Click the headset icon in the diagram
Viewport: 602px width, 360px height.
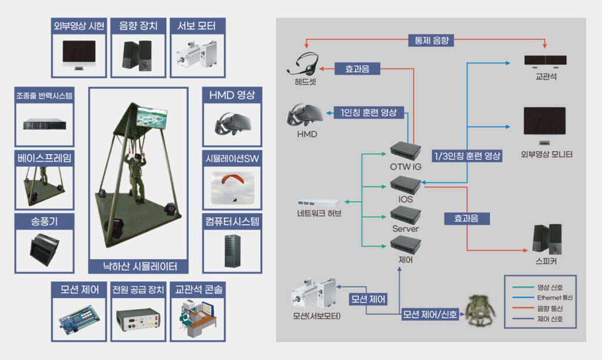pos(306,63)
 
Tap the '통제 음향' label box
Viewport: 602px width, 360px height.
pos(432,40)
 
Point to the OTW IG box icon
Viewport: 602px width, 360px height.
pos(406,151)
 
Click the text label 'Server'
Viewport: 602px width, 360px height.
pos(406,228)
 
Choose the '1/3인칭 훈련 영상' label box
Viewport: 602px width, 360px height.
pos(467,156)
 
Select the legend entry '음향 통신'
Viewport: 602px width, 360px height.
pos(550,309)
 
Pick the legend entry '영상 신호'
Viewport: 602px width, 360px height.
pos(550,288)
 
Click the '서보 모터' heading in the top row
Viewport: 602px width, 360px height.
pos(196,26)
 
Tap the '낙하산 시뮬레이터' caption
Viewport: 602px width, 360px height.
pos(138,265)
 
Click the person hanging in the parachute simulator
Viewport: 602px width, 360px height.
pos(136,176)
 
